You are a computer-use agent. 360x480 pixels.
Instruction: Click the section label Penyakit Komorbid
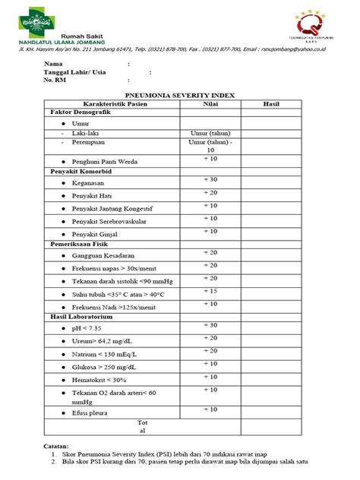pyautogui.click(x=81, y=172)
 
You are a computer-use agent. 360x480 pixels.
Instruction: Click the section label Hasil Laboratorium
pyautogui.click(x=83, y=316)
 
